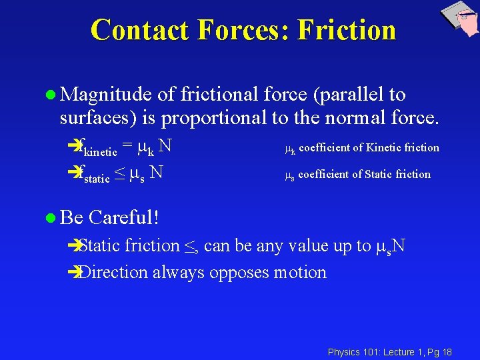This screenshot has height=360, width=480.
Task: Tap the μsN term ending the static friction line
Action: tap(390, 247)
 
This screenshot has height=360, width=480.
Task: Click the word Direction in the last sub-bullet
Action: tap(113, 273)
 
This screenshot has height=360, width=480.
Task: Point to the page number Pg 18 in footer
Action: tap(441, 351)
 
